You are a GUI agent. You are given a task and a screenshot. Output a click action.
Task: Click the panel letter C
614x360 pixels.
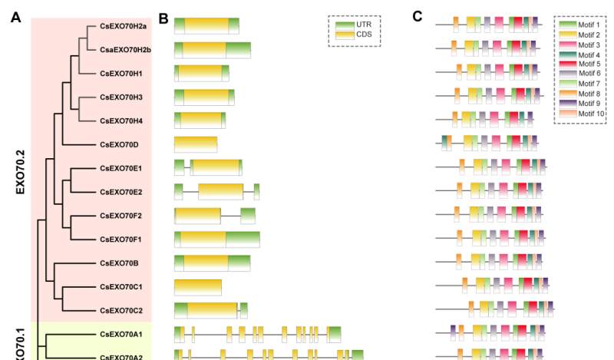coord(418,16)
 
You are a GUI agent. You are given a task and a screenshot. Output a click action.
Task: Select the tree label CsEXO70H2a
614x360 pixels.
coord(123,26)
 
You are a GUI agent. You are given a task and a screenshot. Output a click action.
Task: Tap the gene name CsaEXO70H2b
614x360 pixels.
coord(125,50)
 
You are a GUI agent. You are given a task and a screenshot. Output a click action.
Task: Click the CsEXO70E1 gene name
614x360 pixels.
coord(121,168)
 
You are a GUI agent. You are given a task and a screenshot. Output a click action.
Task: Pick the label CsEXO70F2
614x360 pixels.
coord(121,216)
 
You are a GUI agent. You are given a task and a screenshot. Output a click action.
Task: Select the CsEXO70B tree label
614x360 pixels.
coord(119,263)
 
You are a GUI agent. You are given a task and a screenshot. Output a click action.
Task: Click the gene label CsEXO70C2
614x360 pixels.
coord(121,311)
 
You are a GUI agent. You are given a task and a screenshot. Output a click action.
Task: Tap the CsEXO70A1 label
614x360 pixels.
coord(121,335)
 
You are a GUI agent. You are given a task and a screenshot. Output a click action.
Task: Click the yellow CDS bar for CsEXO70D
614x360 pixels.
coord(196,144)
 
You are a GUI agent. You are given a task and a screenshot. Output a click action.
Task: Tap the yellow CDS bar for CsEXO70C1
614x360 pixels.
coord(198,287)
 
